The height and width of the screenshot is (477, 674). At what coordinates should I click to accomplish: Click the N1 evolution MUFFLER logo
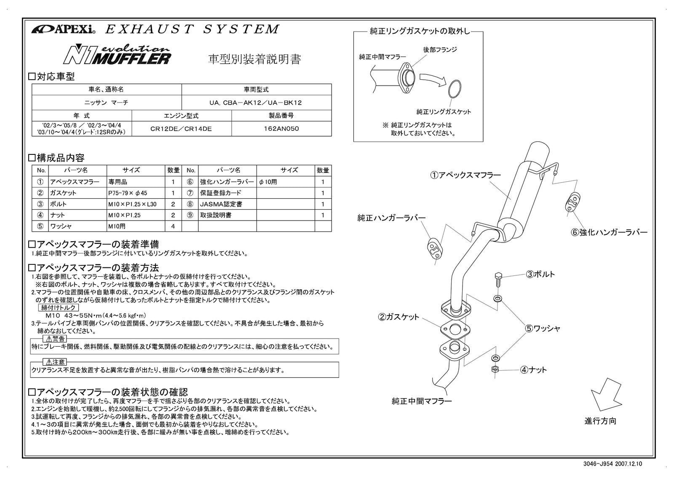click(117, 55)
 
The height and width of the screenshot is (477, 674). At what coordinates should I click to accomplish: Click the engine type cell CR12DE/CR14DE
click(181, 129)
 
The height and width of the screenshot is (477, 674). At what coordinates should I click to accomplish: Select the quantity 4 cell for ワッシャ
click(173, 226)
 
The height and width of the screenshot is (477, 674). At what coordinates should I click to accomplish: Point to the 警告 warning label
click(55, 339)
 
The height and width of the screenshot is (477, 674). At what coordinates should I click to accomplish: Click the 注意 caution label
click(55, 362)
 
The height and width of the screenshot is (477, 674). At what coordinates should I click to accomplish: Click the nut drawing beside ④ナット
click(495, 370)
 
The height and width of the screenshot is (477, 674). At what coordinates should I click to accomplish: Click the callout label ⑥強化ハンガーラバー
click(609, 232)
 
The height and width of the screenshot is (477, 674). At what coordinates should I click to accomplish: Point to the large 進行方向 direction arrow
click(606, 394)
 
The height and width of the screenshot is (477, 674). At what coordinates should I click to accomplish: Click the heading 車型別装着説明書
click(255, 59)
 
